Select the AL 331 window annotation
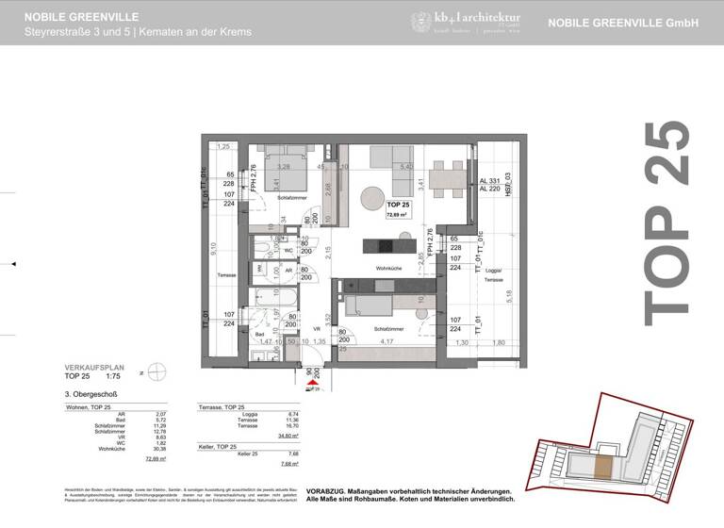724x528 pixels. click(489, 180)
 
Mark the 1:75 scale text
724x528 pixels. click(113, 374)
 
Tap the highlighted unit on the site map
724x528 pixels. click(602, 466)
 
